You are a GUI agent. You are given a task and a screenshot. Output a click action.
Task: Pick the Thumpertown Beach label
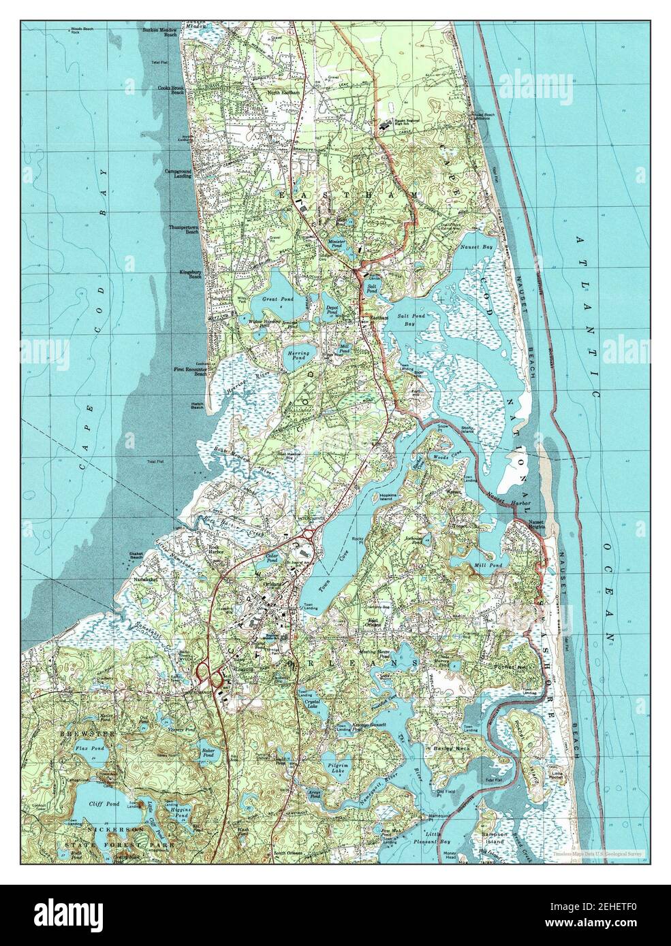coord(183,229)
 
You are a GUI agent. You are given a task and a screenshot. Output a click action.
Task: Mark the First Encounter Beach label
coord(191,370)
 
